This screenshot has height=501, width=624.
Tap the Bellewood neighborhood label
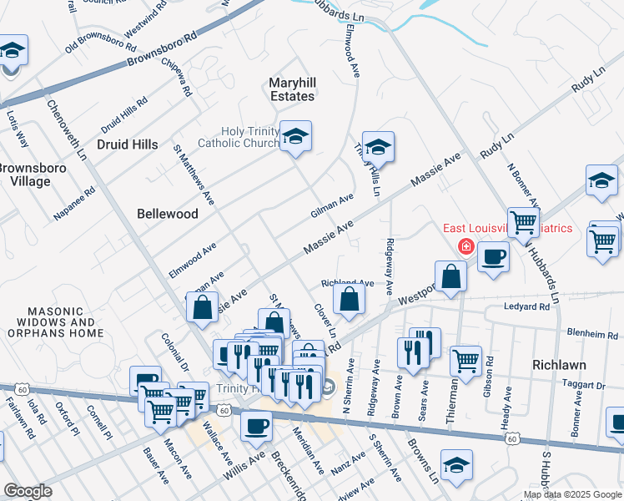pyautogui.click(x=168, y=214)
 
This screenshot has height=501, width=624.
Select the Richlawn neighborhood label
pyautogui.click(x=559, y=365)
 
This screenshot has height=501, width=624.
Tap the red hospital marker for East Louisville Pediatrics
pyautogui.click(x=465, y=247)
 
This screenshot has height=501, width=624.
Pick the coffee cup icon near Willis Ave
pyautogui.click(x=256, y=425)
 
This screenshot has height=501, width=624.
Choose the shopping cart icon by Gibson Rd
pyautogui.click(x=465, y=361)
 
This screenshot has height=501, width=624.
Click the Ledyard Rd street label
pyautogui.click(x=526, y=307)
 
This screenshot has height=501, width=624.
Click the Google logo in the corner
pyautogui.click(x=28, y=491)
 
